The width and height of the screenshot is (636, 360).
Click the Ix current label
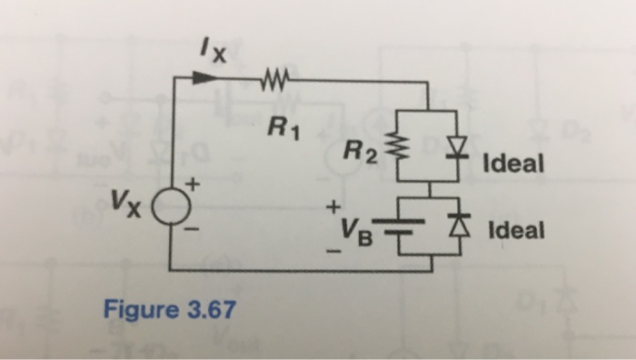[x=214, y=52]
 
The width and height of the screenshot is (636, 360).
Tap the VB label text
[x=357, y=231]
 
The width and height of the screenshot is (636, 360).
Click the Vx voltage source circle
[x=172, y=214]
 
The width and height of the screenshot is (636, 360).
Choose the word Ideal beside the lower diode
[x=515, y=229]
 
